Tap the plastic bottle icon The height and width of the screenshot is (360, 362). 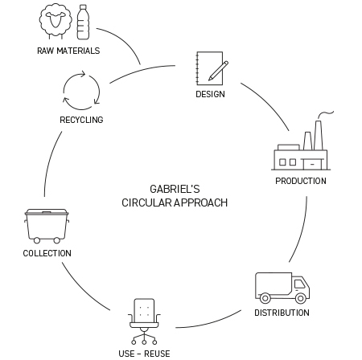pos(83,22)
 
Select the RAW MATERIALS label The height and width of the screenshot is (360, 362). pos(68,51)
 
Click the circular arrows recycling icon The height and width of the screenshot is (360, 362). pos(81,91)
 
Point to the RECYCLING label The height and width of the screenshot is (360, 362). pos(81,120)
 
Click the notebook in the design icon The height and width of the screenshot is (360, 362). pos(209,68)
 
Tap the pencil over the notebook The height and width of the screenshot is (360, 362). pos(219,71)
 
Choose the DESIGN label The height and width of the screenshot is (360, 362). pos(210,94)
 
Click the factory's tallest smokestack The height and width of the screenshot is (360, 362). pos(319,135)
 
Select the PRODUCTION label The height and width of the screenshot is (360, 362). pos(301,181)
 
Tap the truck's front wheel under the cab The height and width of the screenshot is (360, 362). pos(301,298)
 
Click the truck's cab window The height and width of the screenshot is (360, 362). pos(299,284)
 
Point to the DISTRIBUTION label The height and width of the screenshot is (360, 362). pos(282,313)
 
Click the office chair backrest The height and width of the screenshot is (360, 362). pos(144,310)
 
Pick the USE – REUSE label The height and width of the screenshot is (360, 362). pos(144,354)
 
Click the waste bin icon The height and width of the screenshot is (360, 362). pos(47,227)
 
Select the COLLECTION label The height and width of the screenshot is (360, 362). pos(47,253)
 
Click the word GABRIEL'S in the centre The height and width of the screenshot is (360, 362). pos(175,189)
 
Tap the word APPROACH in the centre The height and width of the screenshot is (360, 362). pos(201,202)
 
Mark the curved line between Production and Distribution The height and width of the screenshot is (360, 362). pos(302,231)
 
